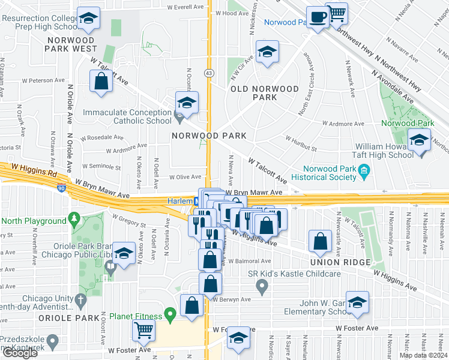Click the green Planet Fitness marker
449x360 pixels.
(x=170, y=313)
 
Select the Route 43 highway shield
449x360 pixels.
(x=208, y=73)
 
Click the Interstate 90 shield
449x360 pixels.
(x=62, y=188)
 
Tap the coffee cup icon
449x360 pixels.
(x=317, y=16)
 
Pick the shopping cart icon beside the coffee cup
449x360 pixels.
(x=338, y=13)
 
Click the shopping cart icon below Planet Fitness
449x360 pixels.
(x=144, y=329)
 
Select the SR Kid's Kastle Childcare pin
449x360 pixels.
(x=262, y=287)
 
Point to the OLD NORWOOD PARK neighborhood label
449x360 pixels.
(x=265, y=92)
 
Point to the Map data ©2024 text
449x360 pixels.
(x=423, y=355)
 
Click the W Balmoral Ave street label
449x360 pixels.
(x=250, y=261)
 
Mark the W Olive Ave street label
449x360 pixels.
(x=185, y=177)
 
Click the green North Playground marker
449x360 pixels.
(x=74, y=218)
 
